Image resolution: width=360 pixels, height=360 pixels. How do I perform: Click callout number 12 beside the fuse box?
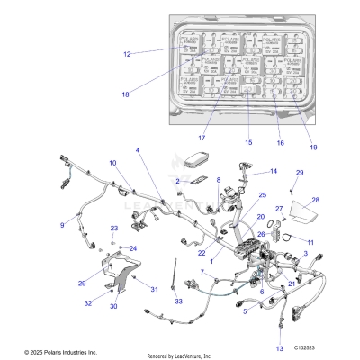tap(127, 54)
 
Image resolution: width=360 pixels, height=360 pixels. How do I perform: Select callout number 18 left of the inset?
tap(125, 94)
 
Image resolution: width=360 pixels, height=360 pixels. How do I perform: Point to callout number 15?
tap(249, 143)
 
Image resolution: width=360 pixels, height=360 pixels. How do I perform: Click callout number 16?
tap(280, 143)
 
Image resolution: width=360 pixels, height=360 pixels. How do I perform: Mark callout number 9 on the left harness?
tap(63, 225)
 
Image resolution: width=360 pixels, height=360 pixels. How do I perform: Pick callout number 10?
tap(113, 163)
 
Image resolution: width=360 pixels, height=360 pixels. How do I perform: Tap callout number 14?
tap(273, 171)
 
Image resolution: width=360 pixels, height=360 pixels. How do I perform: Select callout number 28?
tap(316, 200)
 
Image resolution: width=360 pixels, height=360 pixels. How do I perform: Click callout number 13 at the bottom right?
tap(279, 347)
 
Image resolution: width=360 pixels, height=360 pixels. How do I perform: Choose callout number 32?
tap(88, 303)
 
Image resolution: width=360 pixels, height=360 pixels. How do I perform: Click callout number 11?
tap(310, 243)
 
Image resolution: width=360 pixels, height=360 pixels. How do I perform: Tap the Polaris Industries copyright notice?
tap(49, 353)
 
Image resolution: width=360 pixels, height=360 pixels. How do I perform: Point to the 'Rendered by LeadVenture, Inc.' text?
tap(185, 354)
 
